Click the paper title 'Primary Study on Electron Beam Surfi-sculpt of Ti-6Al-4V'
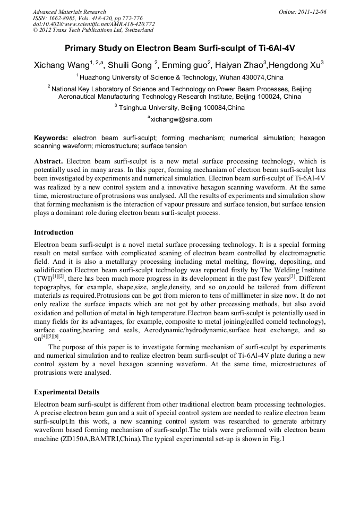179,48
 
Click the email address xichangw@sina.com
181,119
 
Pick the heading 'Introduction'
54,232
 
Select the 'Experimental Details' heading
66,392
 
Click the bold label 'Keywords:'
51,137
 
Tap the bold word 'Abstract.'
49,161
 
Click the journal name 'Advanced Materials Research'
69,12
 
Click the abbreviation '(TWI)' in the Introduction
42,278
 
